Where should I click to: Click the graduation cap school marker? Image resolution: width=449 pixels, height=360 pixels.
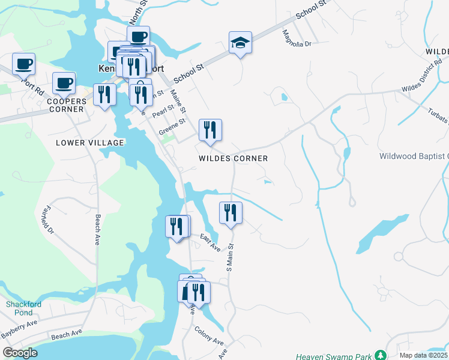[x=240, y=43]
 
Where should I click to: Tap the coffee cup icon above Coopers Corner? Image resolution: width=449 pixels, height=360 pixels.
[x=64, y=83]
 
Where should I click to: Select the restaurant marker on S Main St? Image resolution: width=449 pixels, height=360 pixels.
[x=231, y=213]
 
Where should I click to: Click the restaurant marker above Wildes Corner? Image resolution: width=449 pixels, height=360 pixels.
[x=210, y=130]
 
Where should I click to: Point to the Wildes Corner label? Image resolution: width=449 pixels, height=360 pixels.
[x=234, y=158]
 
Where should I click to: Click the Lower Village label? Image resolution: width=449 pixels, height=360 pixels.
[x=89, y=143]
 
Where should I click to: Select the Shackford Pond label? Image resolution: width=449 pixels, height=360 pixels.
[x=24, y=308]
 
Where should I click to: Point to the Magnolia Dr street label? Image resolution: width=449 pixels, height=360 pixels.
[x=297, y=39]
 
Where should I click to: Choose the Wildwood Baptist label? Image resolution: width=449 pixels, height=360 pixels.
[x=414, y=157]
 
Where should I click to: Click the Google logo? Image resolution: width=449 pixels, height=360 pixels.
[x=20, y=353]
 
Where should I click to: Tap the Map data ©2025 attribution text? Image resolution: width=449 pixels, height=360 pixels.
[x=423, y=355]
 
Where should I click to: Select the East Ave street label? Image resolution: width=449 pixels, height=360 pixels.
[x=210, y=242]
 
